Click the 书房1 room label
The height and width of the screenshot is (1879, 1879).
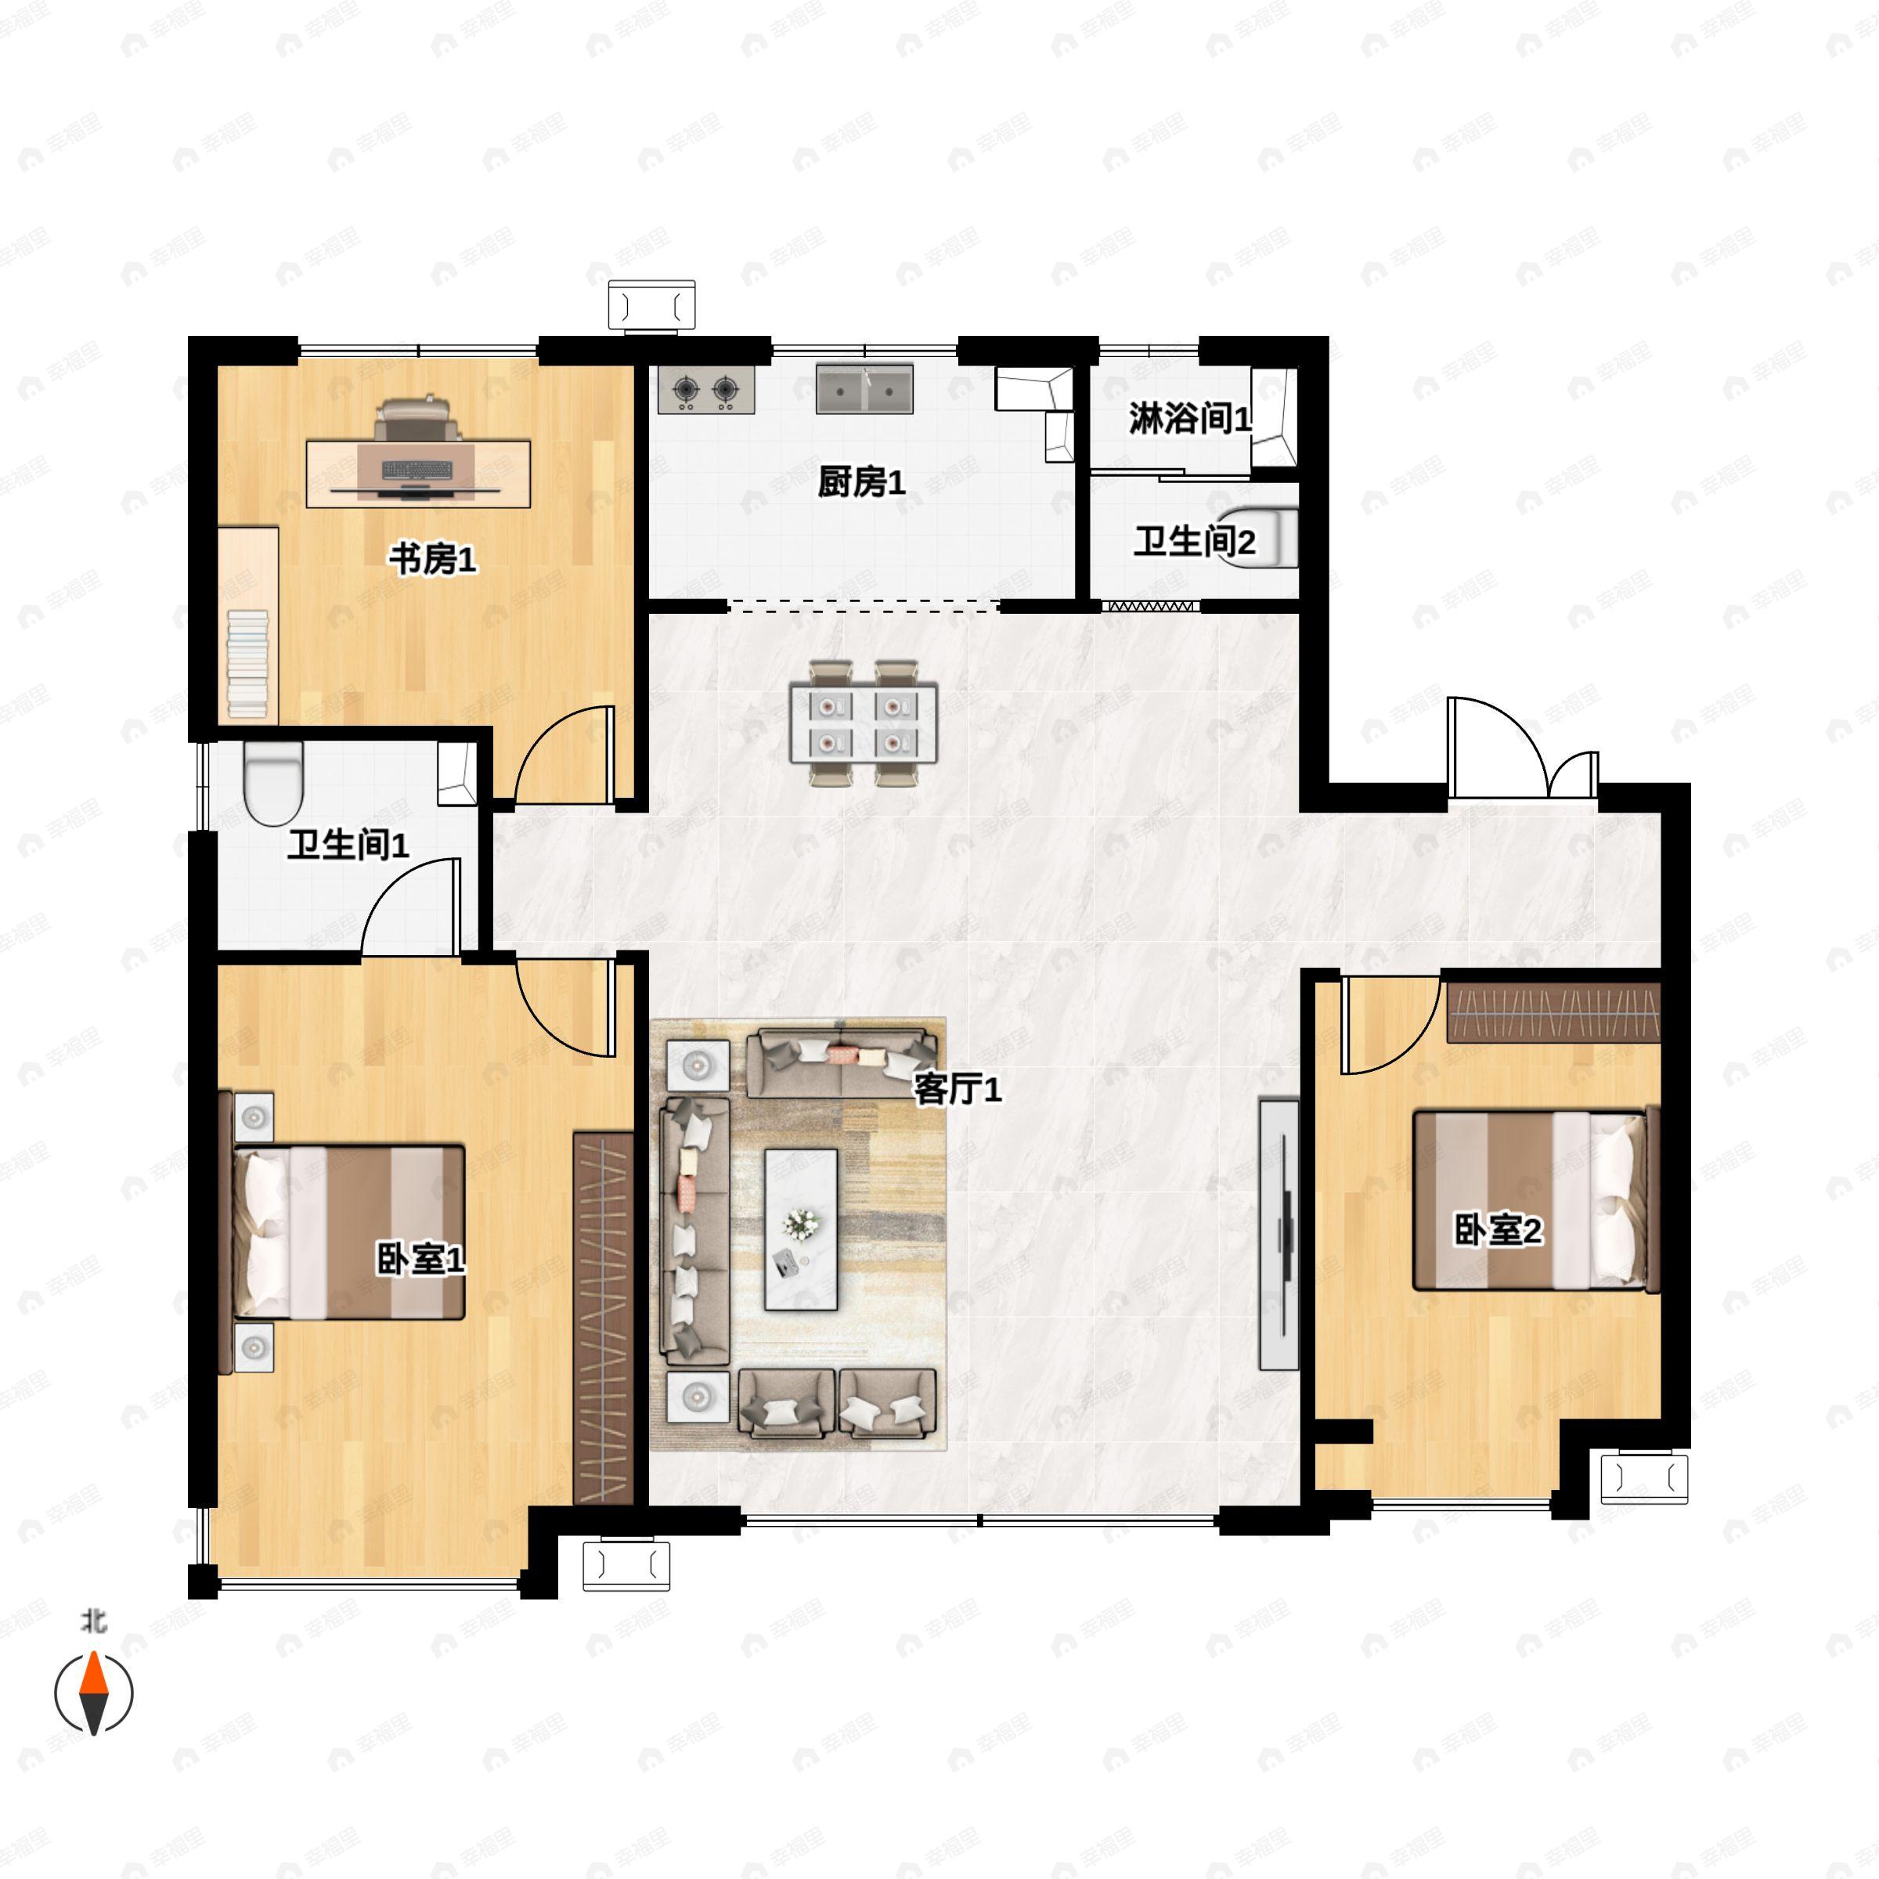[433, 561]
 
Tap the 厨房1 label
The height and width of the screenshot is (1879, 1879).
[862, 481]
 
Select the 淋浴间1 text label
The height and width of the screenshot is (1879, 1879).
[1189, 419]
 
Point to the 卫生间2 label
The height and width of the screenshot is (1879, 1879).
[1194, 542]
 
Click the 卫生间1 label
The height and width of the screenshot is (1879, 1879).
[347, 846]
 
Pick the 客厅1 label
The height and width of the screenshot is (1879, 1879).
[957, 1091]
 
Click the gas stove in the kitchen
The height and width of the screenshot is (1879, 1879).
[707, 390]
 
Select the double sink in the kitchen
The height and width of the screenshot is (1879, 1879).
[864, 389]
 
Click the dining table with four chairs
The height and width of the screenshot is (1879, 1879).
[864, 723]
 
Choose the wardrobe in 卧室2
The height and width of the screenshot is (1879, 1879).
[1553, 1012]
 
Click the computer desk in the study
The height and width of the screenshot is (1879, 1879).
[418, 473]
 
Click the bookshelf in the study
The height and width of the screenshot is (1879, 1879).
[248, 626]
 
